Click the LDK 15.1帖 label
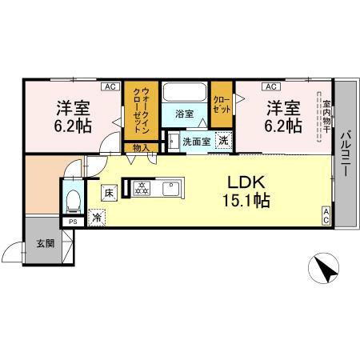click(x=246, y=191)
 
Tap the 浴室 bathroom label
click(x=184, y=114)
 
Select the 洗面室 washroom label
click(x=196, y=142)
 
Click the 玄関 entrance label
click(x=46, y=243)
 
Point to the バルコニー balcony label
click(x=346, y=154)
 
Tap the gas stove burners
click(x=142, y=188)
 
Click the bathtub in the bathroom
click(x=185, y=92)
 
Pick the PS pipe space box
click(x=73, y=222)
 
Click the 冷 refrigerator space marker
click(x=97, y=218)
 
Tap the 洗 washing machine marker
click(x=223, y=140)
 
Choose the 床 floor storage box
click(x=109, y=193)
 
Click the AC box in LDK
click(x=326, y=216)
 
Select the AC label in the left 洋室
click(x=110, y=86)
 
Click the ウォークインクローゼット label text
click(x=142, y=110)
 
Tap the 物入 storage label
click(x=141, y=148)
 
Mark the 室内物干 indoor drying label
click(x=326, y=116)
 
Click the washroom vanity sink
click(x=174, y=142)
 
